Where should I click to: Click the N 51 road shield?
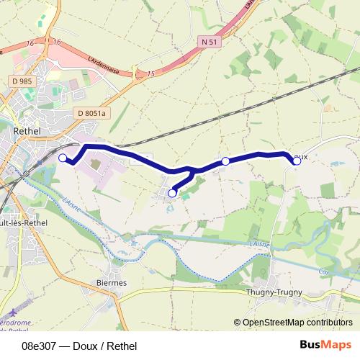[209, 42]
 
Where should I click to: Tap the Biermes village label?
[112, 283]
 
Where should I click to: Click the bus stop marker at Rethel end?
[63, 158]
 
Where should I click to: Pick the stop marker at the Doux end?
[297, 161]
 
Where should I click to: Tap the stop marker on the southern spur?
[172, 193]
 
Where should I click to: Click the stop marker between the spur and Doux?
[225, 161]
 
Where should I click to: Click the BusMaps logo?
[321, 344]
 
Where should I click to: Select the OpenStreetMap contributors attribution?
[297, 323]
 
